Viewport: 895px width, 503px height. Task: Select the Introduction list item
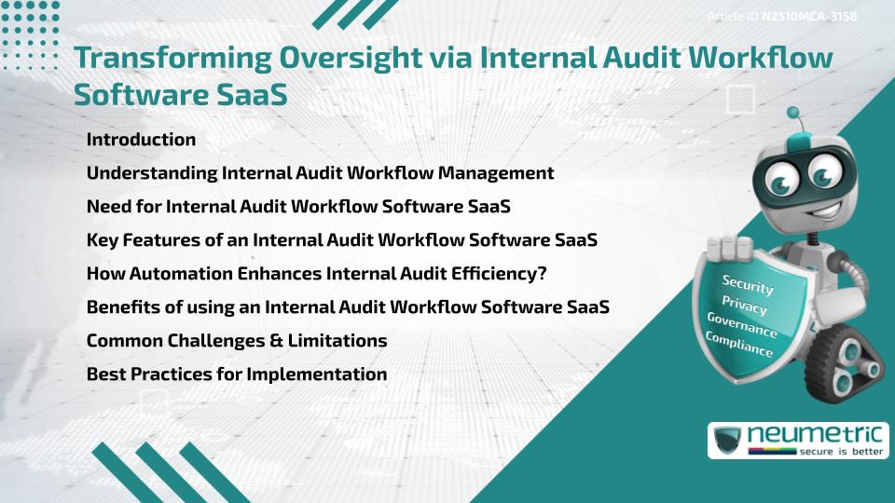(x=141, y=140)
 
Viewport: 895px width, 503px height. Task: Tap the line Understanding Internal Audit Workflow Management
(x=320, y=173)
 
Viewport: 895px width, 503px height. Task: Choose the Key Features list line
(x=341, y=240)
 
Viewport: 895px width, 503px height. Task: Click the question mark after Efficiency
(x=542, y=274)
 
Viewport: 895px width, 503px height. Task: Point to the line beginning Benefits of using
(x=348, y=307)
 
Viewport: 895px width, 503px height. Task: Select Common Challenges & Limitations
(x=237, y=341)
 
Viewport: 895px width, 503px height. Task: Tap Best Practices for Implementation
(x=236, y=374)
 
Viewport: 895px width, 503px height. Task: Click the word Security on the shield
(x=748, y=285)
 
